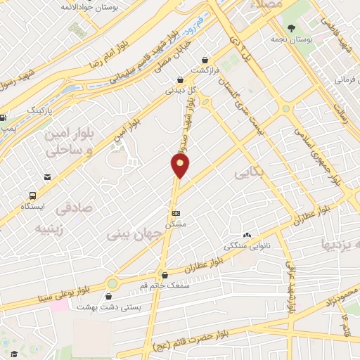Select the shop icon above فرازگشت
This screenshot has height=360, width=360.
[x=205, y=60]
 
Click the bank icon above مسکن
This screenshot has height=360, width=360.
[x=175, y=212]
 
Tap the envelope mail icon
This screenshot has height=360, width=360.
[x=47, y=177]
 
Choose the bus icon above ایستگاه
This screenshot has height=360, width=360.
[x=33, y=195]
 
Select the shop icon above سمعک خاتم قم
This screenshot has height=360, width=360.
[x=164, y=276]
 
